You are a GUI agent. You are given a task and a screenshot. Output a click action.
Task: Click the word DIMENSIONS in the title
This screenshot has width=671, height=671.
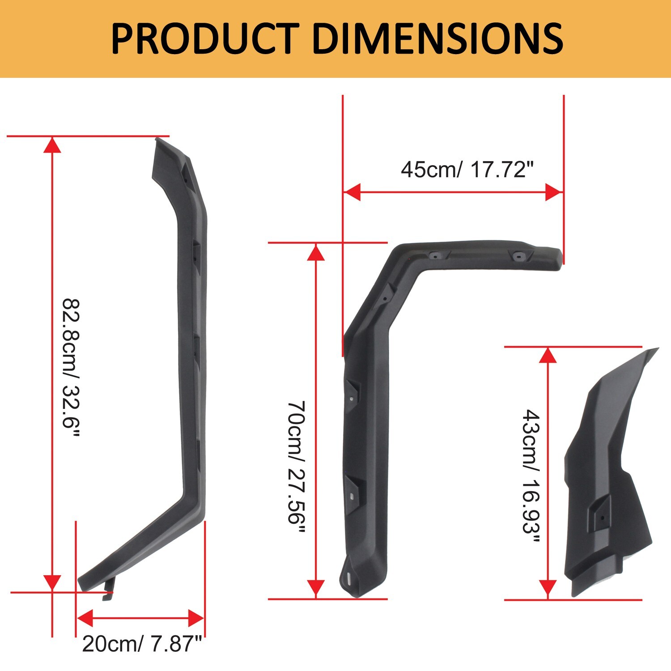point(440,39)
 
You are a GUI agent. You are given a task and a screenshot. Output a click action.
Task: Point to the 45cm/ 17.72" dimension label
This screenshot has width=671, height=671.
point(467,170)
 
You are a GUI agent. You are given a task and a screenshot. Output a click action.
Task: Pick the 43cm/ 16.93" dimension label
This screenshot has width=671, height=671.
point(531,476)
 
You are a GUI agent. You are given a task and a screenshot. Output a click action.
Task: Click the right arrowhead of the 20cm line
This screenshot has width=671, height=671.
point(196,619)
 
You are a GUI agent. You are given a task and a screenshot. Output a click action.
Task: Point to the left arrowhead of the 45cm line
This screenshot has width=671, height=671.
point(352,192)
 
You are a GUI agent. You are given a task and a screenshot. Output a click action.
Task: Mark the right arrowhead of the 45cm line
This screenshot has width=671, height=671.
point(554,192)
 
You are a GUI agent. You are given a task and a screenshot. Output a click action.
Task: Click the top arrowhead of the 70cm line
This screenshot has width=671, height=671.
point(316,252)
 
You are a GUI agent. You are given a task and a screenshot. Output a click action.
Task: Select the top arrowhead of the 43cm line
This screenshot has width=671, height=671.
point(548,355)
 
